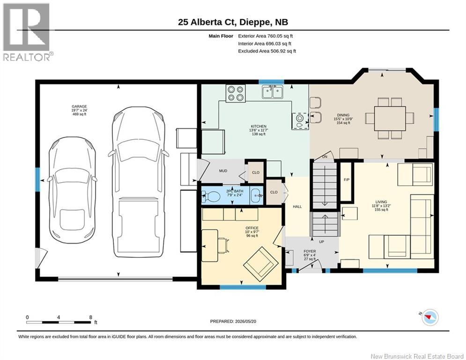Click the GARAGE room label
(79, 106)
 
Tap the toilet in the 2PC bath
(211, 196)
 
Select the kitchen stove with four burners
(236, 93)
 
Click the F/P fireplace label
(346, 180)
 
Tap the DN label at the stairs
(325, 157)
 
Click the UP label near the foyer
(321, 241)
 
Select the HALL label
(297, 206)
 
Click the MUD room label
(223, 171)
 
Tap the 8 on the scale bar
(91, 317)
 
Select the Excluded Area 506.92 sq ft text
(267, 51)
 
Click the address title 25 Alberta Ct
(207, 22)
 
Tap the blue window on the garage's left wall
(38, 180)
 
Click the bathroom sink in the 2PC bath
(256, 195)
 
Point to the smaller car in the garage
(72, 190)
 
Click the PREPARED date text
(233, 321)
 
